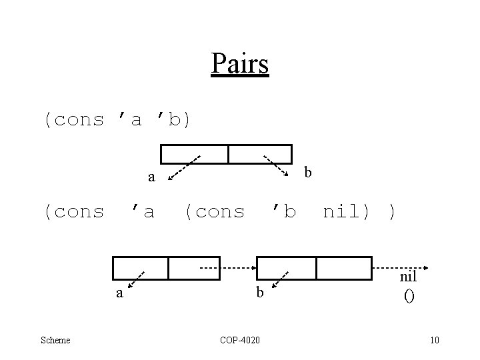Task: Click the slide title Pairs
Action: tap(239, 64)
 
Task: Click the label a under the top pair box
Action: tap(151, 178)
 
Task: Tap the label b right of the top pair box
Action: tap(307, 173)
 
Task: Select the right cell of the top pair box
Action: tap(260, 154)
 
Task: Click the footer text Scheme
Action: tap(55, 341)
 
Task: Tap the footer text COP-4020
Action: tap(240, 341)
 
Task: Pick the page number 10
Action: tap(435, 341)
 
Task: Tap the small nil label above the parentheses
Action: tap(408, 277)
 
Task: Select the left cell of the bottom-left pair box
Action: tap(140, 267)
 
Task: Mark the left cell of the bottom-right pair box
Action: tap(286, 267)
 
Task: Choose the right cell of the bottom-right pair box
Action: tap(343, 267)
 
